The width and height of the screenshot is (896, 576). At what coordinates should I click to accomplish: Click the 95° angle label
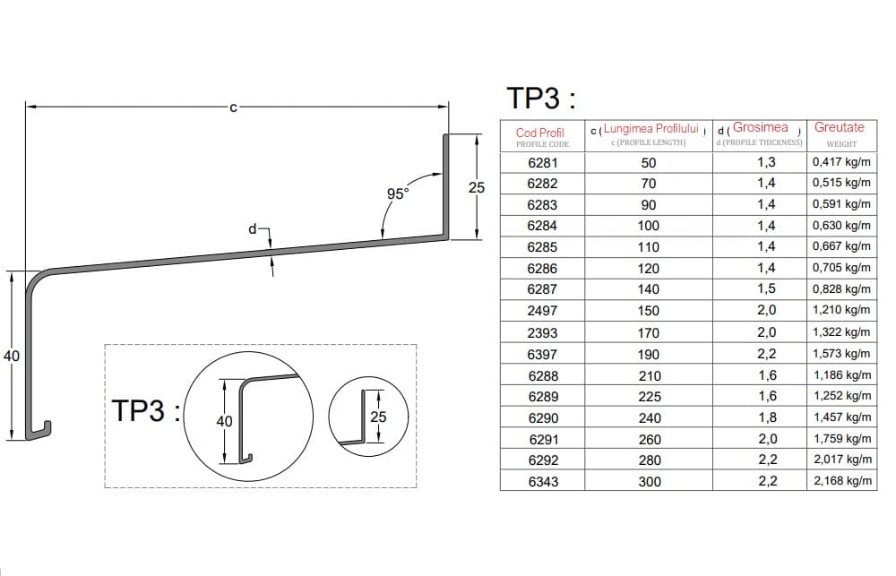coord(398,193)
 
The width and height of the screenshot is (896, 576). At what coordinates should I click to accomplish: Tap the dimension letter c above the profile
coord(233,107)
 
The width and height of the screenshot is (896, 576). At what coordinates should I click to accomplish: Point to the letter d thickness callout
coord(252,229)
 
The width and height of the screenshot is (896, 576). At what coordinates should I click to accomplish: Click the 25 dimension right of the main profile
coord(477,187)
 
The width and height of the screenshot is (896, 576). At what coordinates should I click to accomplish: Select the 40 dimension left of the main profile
coord(12,356)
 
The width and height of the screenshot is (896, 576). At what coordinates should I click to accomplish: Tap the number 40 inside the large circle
coord(224,421)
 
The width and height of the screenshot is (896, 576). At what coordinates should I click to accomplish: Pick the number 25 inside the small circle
coord(378,417)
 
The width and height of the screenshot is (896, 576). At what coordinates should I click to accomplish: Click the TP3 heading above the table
coord(541,98)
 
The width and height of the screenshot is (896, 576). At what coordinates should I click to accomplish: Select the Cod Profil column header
coord(540,133)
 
